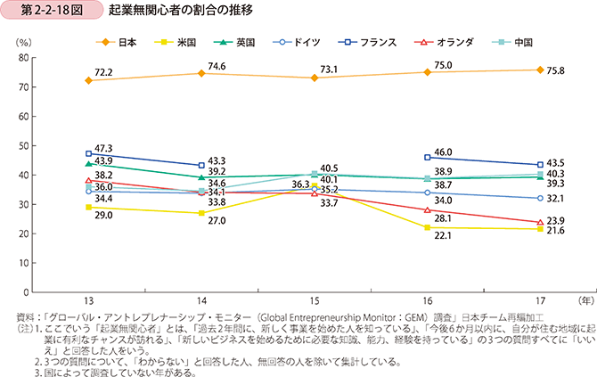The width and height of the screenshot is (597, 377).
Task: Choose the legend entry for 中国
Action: [512, 42]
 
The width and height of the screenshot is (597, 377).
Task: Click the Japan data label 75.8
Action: [555, 61]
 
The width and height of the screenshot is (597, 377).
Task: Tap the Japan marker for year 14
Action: [202, 73]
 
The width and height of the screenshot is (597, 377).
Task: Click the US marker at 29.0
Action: [88, 207]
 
